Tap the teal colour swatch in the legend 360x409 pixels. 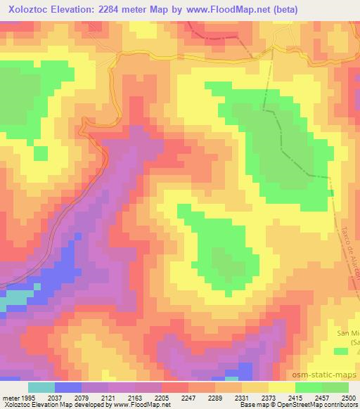pos(41,387)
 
